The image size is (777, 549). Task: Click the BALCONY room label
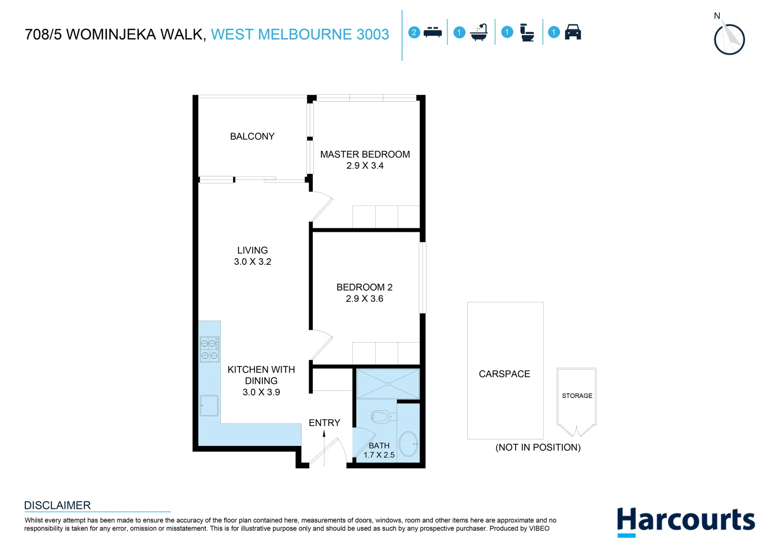point(252,136)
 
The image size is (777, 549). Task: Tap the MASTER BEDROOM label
point(365,154)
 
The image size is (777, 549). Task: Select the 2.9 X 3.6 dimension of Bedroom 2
point(364,299)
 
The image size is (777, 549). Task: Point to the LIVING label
point(252,250)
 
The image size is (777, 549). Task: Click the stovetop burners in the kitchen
point(209,349)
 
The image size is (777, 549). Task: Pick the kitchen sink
point(209,406)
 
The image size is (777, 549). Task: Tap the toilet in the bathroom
point(381,417)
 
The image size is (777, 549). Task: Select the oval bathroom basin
point(408,444)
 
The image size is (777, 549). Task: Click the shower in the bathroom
point(387,384)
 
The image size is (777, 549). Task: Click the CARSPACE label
point(504,374)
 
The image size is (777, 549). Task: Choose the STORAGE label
point(577,395)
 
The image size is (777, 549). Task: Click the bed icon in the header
point(432,33)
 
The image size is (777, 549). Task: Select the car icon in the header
point(573,32)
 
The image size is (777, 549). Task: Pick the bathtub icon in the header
point(479,33)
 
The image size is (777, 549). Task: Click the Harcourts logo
point(685,521)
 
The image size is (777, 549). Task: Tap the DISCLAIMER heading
point(57,505)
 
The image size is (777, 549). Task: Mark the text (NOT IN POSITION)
point(537,447)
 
